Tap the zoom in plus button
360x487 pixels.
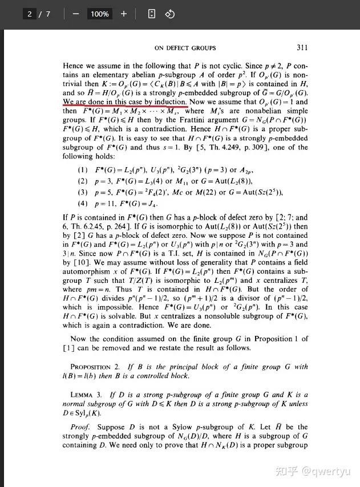123,14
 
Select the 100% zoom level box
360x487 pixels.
99,14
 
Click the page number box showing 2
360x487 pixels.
30,14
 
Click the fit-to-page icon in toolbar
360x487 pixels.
151,14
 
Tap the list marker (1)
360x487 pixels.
82,170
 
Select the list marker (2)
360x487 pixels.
82,181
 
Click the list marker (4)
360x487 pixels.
82,203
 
